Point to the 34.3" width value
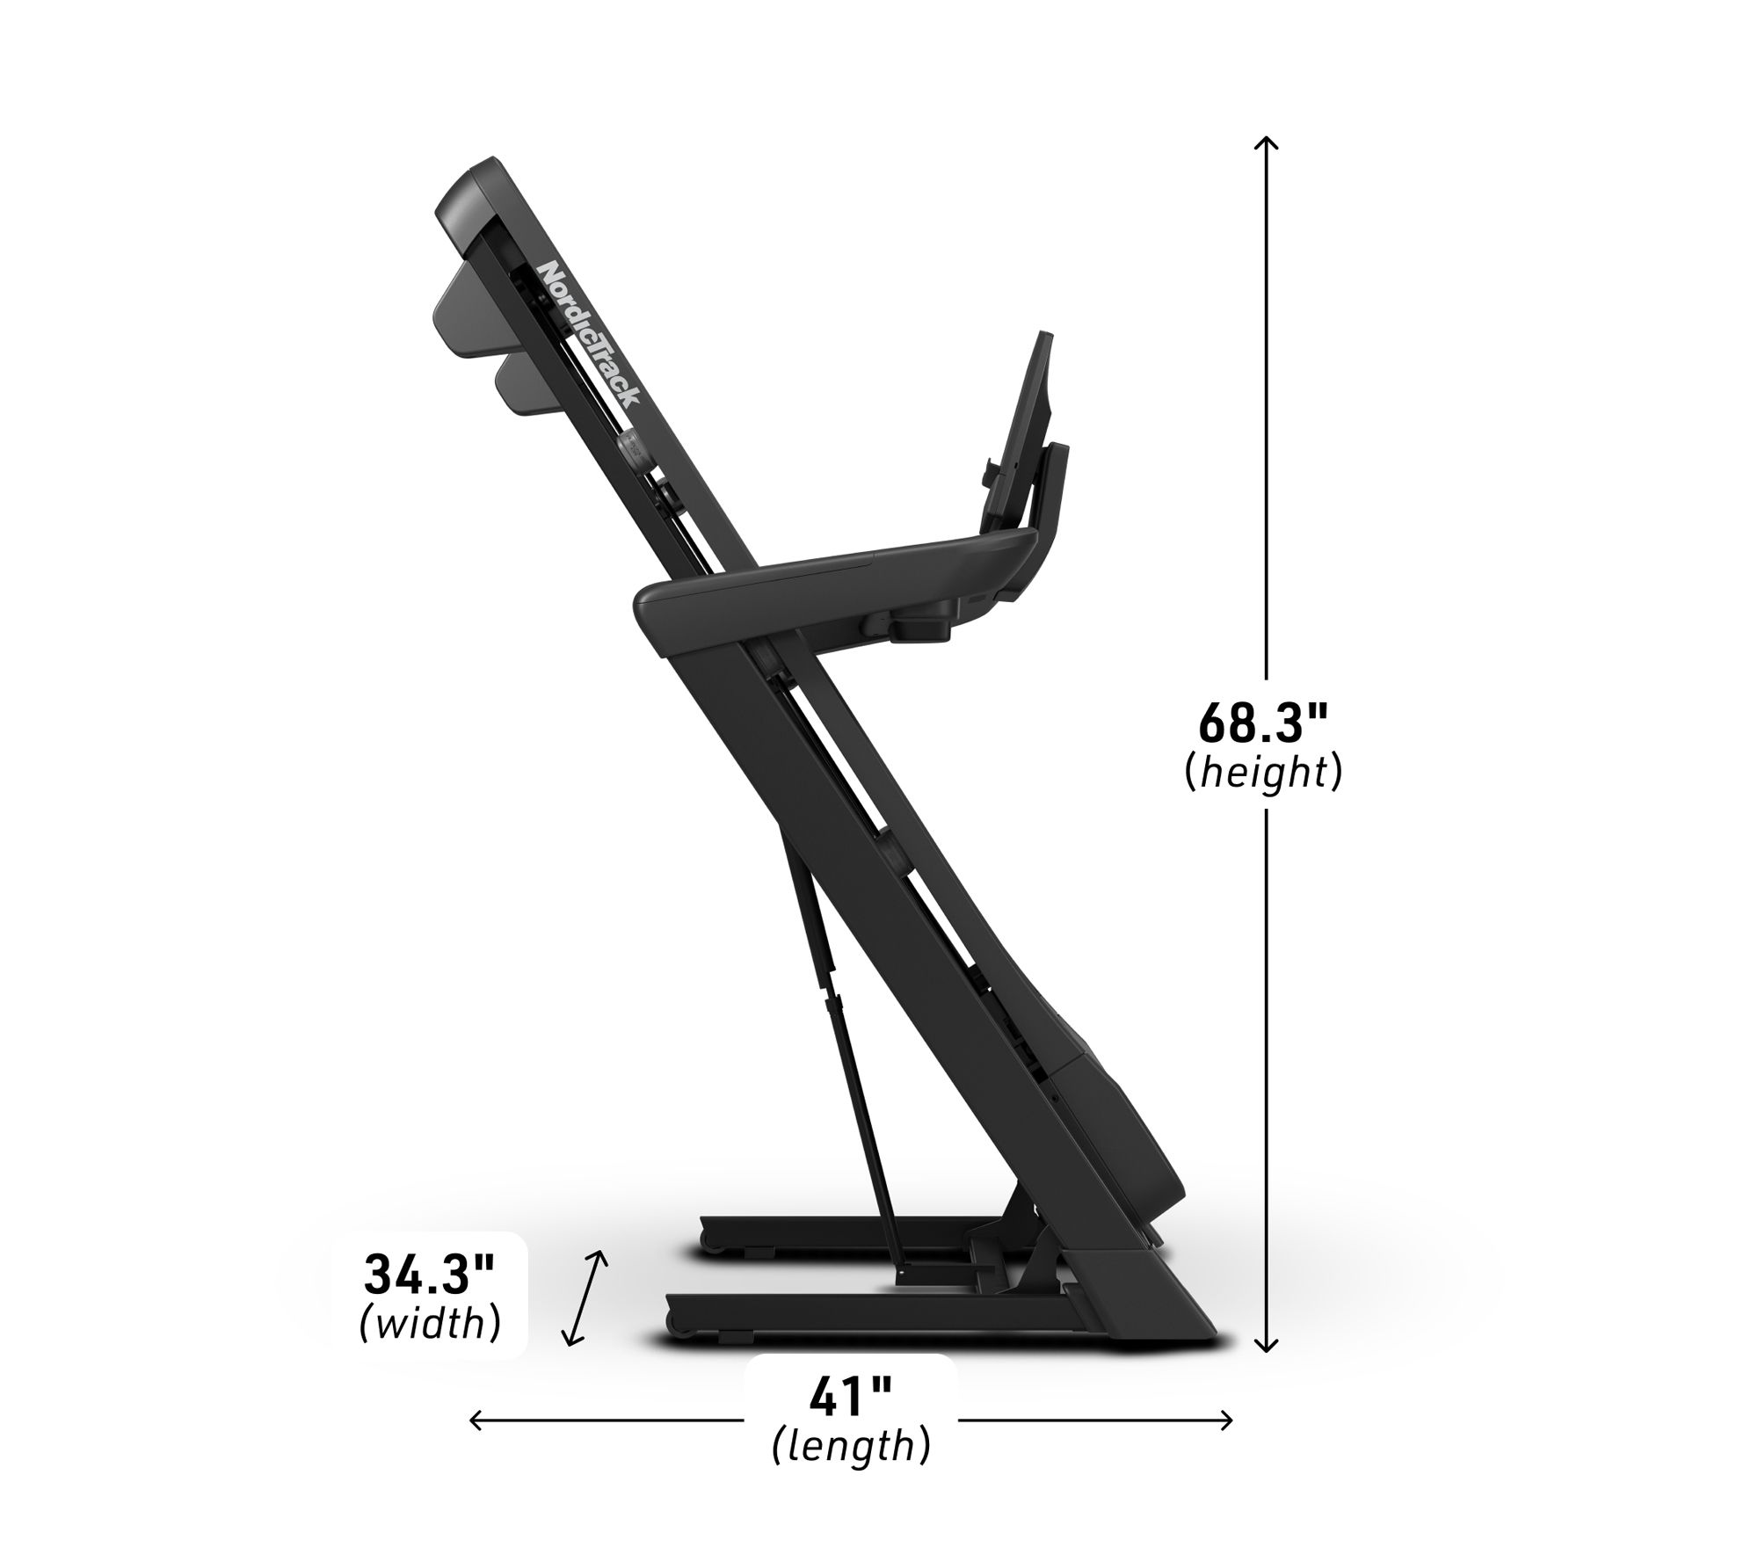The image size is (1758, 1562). (x=431, y=1275)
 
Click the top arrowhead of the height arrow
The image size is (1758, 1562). (x=1266, y=142)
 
